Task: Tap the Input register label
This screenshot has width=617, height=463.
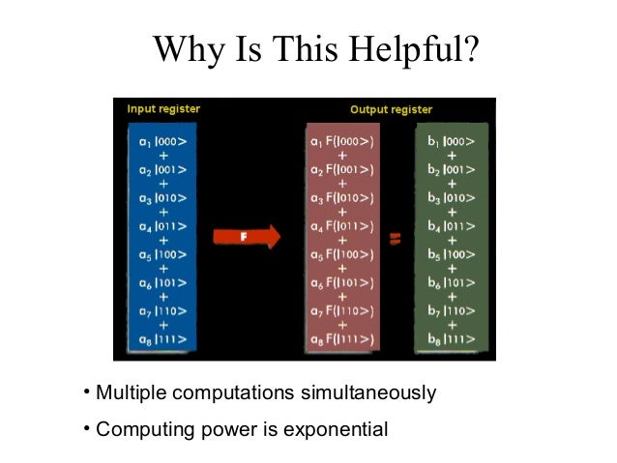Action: point(163,108)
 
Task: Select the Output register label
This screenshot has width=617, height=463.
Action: point(391,109)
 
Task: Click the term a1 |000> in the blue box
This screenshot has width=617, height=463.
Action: point(162,140)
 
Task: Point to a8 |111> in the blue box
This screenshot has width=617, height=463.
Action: point(162,339)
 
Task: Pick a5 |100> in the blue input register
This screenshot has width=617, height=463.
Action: point(162,254)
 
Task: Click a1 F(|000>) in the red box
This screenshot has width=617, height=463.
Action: point(344,141)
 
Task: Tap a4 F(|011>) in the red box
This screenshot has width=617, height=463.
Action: point(344,226)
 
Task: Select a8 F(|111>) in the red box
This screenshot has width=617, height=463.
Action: point(344,339)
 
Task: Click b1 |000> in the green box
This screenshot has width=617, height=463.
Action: point(451,141)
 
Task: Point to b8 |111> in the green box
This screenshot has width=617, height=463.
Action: point(451,339)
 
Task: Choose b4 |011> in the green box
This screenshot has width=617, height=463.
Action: point(451,226)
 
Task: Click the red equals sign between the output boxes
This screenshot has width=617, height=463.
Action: point(395,237)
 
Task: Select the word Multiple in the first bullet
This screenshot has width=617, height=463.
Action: point(130,393)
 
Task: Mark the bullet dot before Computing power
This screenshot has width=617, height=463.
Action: point(86,426)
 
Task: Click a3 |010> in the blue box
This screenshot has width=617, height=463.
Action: point(162,197)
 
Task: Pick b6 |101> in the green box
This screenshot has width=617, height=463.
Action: point(451,283)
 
